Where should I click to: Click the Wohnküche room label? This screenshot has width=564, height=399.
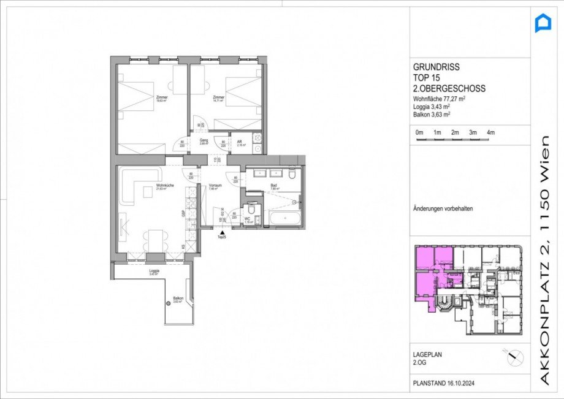click(x=162, y=186)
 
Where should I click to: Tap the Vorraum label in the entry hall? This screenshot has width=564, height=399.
click(x=214, y=186)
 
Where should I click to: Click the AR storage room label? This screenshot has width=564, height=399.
click(x=240, y=142)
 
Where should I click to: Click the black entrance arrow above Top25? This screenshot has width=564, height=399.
click(x=221, y=232)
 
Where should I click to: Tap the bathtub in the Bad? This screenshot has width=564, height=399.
click(x=283, y=218)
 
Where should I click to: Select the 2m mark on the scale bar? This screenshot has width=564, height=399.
click(x=455, y=133)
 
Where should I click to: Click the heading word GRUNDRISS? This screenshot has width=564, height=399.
click(x=436, y=67)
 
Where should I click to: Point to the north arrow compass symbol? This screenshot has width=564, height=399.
click(x=513, y=356)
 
